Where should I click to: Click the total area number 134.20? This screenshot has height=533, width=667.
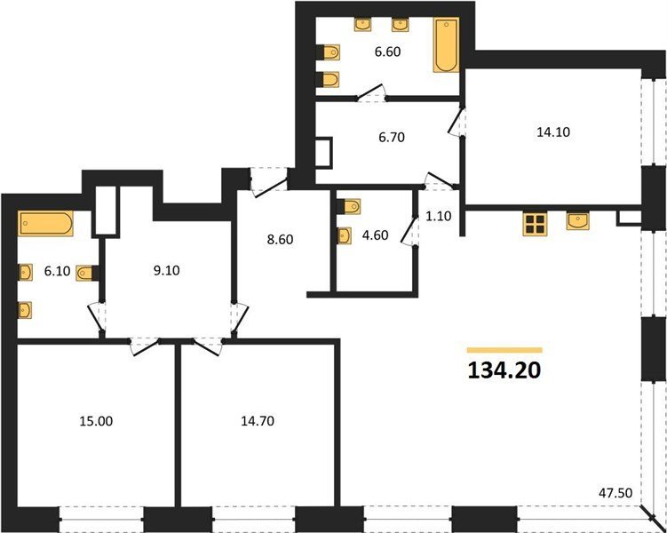click(x=504, y=370)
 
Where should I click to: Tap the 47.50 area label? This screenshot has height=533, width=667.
click(x=615, y=493)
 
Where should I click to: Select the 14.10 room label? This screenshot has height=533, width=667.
click(x=553, y=132)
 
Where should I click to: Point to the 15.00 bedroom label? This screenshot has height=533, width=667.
click(x=96, y=421)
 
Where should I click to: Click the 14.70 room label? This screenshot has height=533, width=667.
click(x=257, y=421)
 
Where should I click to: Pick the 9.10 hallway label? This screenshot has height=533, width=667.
click(x=167, y=271)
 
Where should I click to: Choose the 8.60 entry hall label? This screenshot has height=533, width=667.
click(x=281, y=240)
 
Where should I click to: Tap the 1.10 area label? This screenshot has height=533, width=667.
click(x=438, y=216)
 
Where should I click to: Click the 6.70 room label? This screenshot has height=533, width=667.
click(x=392, y=138)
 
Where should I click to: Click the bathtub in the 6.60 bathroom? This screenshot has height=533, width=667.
click(x=446, y=44)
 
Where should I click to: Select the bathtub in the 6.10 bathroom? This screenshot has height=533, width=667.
click(x=45, y=223)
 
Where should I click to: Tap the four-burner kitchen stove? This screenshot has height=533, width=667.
click(x=535, y=224)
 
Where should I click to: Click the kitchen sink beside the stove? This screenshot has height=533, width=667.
click(x=577, y=221)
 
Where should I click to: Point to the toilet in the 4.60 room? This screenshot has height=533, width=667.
click(x=349, y=207)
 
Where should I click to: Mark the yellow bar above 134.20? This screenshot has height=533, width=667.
click(x=504, y=351)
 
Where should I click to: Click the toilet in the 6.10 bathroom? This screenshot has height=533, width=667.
click(x=88, y=273)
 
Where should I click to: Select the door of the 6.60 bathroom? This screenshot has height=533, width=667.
click(x=371, y=93)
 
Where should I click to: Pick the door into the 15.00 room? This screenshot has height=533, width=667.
click(x=145, y=346)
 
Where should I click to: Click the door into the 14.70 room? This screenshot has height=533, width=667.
click(x=209, y=346)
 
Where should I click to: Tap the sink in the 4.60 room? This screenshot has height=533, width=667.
click(x=345, y=236)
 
